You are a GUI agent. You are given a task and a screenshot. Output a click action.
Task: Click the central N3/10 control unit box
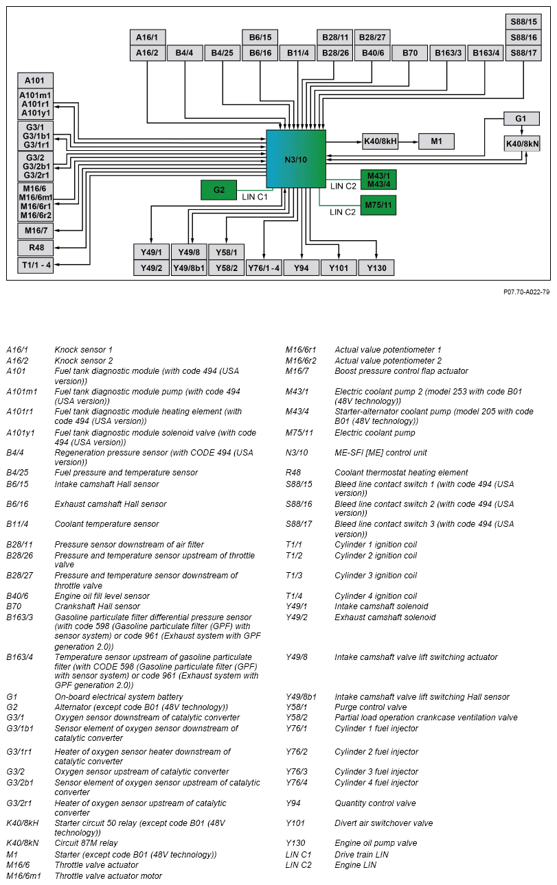tap(296, 159)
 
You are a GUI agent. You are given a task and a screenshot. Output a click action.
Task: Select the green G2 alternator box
tap(218, 190)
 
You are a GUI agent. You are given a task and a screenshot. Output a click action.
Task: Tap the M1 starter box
tap(436, 142)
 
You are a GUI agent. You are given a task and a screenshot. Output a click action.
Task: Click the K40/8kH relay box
tap(380, 142)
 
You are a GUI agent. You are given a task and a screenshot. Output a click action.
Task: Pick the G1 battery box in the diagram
tap(521, 119)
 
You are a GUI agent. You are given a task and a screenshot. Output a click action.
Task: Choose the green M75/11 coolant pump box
tap(378, 204)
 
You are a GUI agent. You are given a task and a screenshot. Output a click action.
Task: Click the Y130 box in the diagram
tap(376, 268)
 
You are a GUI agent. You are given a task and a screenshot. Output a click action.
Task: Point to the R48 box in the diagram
tap(35, 248)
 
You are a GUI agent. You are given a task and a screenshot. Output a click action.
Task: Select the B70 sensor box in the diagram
tap(410, 53)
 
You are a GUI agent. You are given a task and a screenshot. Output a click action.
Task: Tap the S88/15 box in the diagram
tap(523, 22)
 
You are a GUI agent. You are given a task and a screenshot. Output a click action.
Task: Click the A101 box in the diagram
tap(35, 80)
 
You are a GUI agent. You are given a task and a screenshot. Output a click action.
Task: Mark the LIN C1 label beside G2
tap(255, 197)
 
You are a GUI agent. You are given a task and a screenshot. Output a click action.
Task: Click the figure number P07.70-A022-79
tap(526, 292)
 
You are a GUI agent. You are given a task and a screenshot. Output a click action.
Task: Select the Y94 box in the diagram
tap(302, 268)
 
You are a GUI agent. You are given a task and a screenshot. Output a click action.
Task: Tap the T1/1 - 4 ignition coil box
tap(35, 265)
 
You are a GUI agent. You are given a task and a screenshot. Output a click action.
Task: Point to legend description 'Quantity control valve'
tap(375, 803)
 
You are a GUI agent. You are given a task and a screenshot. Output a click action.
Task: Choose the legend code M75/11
tap(297, 433)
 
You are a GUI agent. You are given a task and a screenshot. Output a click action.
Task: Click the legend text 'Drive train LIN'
tap(361, 855)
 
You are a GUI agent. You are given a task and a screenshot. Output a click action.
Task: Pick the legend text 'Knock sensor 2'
tap(84, 361)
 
